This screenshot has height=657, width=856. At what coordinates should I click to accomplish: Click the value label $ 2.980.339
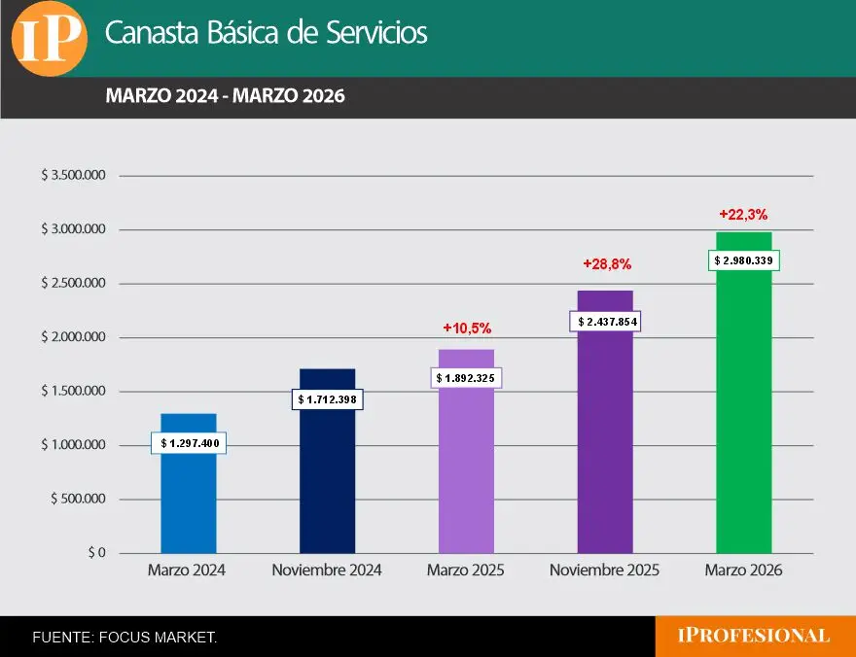[x=744, y=260]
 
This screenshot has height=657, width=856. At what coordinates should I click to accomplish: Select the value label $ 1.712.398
[x=327, y=398]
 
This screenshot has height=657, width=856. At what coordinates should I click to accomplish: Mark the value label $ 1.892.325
[x=466, y=377]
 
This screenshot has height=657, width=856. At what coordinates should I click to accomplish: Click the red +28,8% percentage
[x=607, y=263]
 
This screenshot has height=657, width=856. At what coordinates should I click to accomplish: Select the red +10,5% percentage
[x=467, y=328]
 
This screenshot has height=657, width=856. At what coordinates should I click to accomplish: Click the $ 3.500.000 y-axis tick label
[x=73, y=176]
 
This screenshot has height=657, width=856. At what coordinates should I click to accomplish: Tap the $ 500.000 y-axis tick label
[x=78, y=500]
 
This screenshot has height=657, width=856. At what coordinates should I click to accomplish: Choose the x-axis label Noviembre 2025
[x=604, y=571]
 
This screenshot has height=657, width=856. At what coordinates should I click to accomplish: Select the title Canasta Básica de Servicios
[x=266, y=33]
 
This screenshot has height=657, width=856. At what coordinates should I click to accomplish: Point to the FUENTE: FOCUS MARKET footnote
[x=125, y=638]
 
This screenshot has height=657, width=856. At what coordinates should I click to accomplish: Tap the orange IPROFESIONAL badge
[x=754, y=637]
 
